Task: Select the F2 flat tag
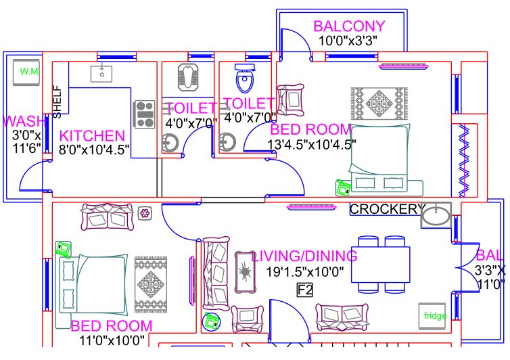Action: pos(305,290)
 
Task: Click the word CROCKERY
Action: pos(388,209)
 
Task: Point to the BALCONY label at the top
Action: pos(349,26)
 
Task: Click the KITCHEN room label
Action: pos(92,135)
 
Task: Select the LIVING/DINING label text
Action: pos(304,256)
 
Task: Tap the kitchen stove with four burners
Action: pos(144,114)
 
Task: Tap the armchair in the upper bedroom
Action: pos(292,99)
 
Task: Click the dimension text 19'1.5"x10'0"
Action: pos(304,272)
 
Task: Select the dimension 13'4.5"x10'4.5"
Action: pos(312,143)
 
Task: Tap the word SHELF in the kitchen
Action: pos(57,101)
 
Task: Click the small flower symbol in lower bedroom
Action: pos(145,214)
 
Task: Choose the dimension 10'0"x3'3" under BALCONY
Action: pos(348,41)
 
